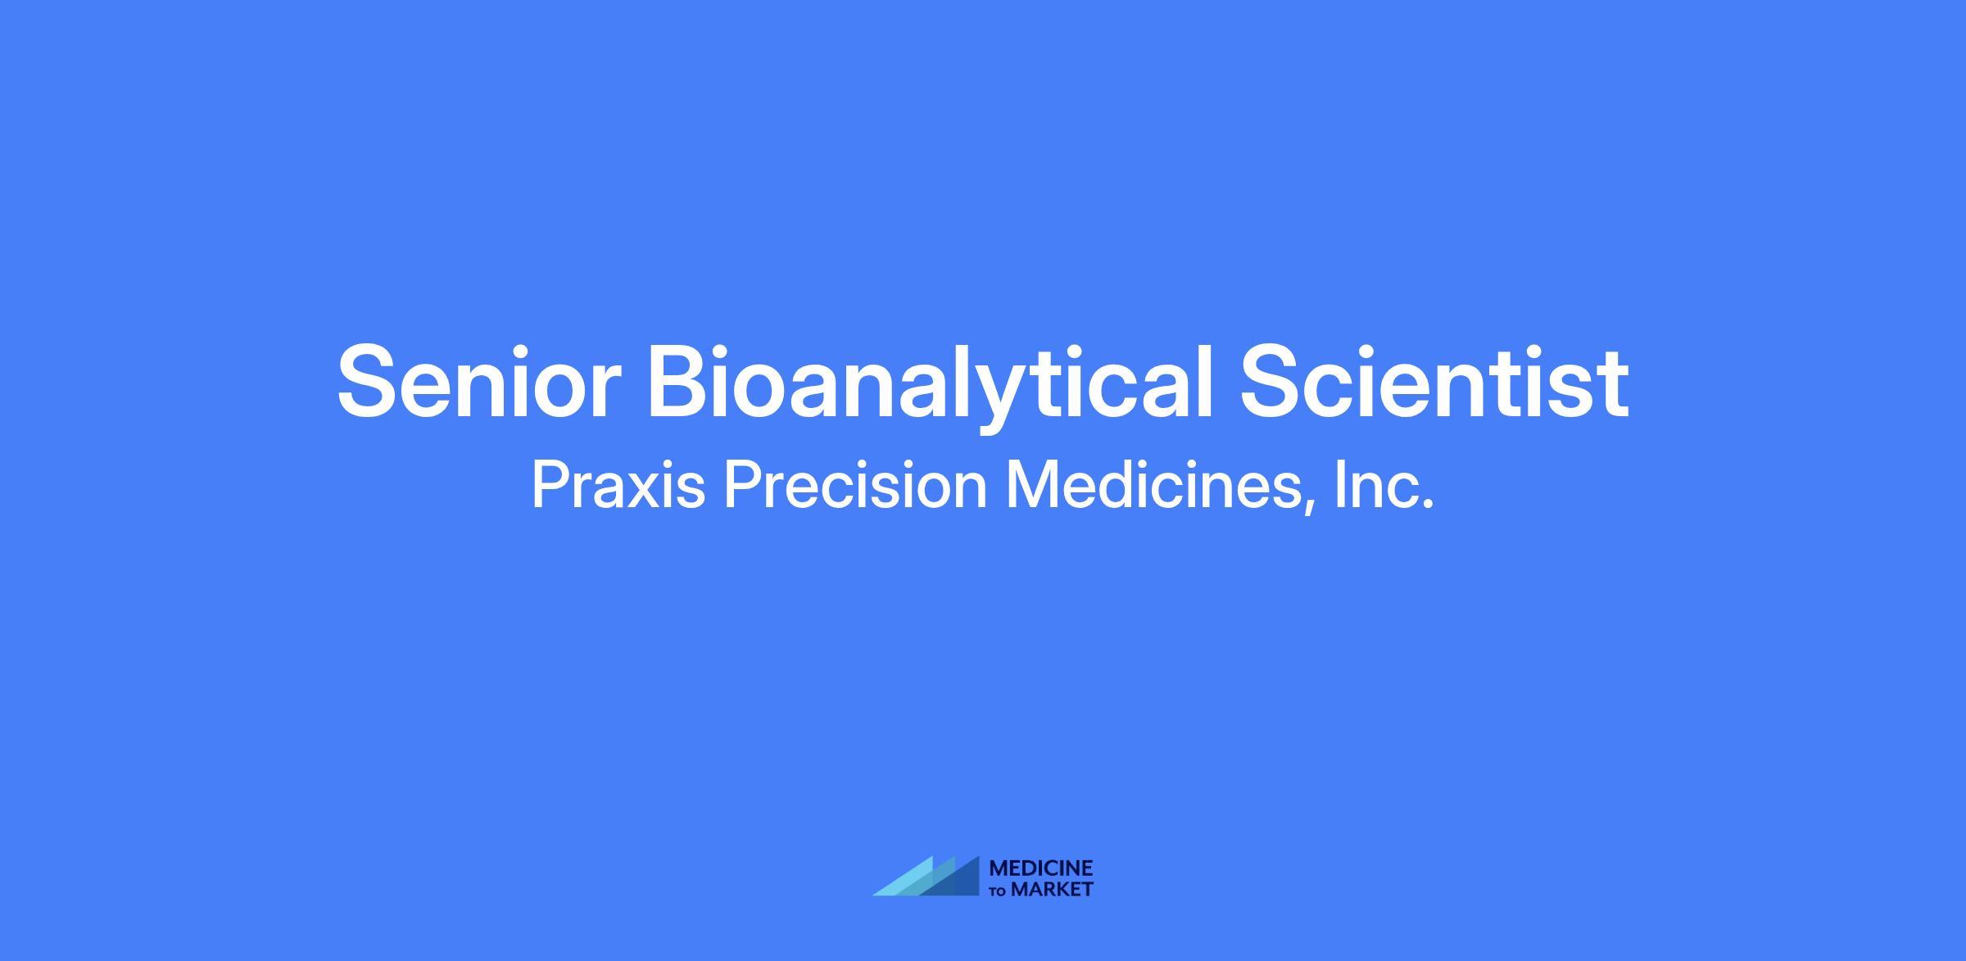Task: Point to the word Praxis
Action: pyautogui.click(x=618, y=485)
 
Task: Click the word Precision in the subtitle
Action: pyautogui.click(x=854, y=485)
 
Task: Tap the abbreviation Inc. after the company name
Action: pyautogui.click(x=1384, y=485)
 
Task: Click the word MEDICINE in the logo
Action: pyautogui.click(x=1041, y=868)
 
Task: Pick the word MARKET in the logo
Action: pyautogui.click(x=1053, y=889)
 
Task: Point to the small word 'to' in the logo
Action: pyautogui.click(x=999, y=891)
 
